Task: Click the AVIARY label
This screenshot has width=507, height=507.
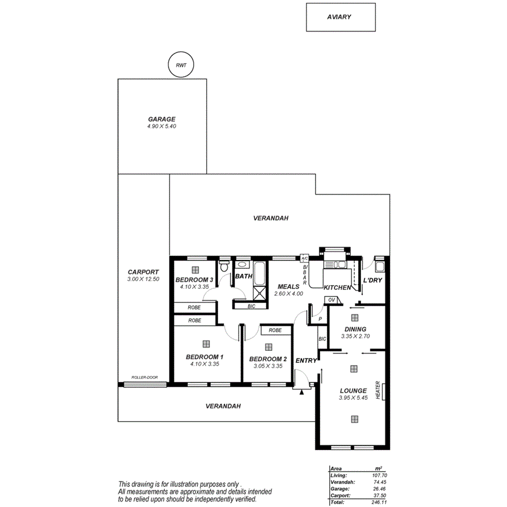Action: click(x=339, y=17)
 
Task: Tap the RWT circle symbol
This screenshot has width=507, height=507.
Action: click(x=180, y=65)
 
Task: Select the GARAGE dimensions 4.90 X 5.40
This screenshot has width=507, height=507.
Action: click(x=162, y=126)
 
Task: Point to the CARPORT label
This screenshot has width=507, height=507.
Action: click(x=143, y=272)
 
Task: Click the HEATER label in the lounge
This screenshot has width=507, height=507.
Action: click(x=378, y=389)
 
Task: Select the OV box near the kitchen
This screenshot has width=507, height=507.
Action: click(x=331, y=300)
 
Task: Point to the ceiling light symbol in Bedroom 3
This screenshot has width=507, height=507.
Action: click(x=195, y=269)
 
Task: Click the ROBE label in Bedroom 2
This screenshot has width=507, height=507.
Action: click(x=275, y=330)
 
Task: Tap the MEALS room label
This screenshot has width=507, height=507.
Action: click(x=288, y=287)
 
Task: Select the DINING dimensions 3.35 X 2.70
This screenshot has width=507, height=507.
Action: click(x=355, y=336)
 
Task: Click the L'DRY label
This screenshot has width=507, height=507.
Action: click(x=373, y=280)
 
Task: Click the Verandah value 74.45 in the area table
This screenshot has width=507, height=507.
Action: click(x=379, y=482)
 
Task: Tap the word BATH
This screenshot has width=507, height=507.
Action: click(x=244, y=276)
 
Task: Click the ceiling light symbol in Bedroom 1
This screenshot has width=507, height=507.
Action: click(x=206, y=344)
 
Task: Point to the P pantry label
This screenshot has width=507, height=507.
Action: click(x=320, y=319)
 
